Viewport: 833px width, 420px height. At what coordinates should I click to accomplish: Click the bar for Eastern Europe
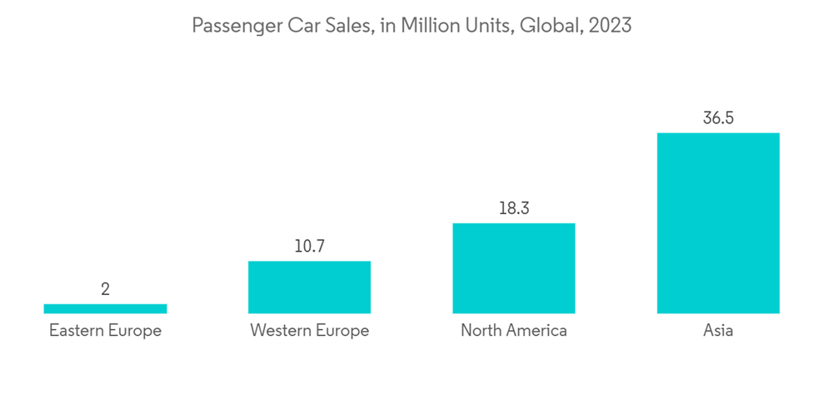click(105, 308)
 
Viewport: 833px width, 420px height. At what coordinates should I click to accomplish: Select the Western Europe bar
click(309, 287)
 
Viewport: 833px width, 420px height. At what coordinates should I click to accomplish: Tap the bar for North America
click(514, 267)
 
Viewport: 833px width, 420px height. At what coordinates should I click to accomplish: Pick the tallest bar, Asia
click(718, 222)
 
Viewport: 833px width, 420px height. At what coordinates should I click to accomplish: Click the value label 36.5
click(718, 118)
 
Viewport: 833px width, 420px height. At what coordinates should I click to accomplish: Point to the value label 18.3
click(514, 208)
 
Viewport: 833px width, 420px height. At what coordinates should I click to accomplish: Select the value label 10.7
click(309, 247)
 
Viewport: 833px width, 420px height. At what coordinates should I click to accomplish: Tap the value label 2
click(105, 290)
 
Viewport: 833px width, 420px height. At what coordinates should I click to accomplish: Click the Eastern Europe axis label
click(105, 331)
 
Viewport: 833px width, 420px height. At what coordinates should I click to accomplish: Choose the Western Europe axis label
click(309, 331)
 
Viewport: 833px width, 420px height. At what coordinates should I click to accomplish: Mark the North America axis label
click(514, 331)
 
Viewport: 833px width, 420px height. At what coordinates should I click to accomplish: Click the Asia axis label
click(718, 331)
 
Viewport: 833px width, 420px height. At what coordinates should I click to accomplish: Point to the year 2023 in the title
click(610, 26)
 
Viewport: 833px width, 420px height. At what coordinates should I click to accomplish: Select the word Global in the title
click(549, 26)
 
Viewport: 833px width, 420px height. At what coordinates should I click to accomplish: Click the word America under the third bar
click(535, 331)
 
